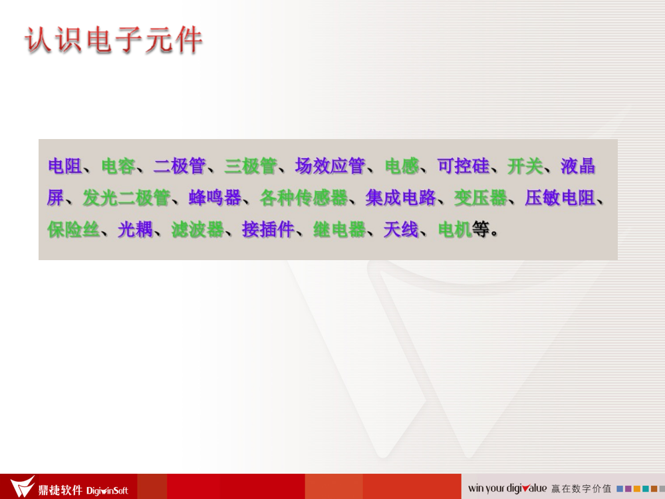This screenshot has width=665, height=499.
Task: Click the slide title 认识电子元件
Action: pos(114,41)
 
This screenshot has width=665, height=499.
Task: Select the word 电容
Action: pos(118,166)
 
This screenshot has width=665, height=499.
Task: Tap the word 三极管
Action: pos(250,166)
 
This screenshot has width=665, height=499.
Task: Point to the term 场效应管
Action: pos(330,166)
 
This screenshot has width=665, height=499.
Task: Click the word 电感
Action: pos(402,166)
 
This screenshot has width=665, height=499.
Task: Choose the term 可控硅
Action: pos(464,166)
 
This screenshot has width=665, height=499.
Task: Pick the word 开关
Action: pos(525,166)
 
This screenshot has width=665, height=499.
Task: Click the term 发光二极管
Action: pos(126,198)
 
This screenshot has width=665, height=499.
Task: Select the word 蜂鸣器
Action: pos(215,198)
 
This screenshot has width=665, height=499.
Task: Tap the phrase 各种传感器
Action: pos(304,198)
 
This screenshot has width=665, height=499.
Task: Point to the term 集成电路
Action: pos(401,198)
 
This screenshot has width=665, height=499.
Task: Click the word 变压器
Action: pos(481,198)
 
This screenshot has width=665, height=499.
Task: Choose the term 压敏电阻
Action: pos(560,198)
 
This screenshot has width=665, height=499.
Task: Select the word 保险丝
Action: pos(73,230)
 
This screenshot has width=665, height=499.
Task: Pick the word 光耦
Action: pos(135,230)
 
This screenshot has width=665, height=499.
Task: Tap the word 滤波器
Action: pos(198,230)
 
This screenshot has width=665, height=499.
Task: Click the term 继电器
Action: pos(339,230)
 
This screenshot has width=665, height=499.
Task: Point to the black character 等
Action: pos(481,230)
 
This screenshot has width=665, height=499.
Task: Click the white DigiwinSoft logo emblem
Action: pos(22,486)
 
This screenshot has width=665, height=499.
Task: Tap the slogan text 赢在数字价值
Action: pos(581,489)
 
